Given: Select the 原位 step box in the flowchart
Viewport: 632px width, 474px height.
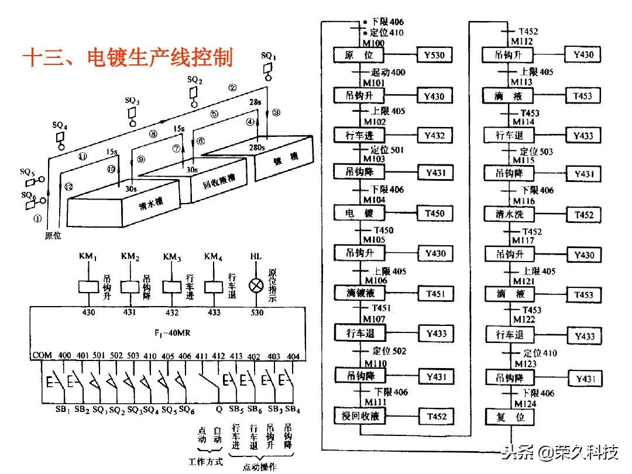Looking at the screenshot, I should click(358, 56).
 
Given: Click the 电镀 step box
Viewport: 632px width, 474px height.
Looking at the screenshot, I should click(358, 214).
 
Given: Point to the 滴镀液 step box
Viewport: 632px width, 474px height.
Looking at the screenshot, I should click(358, 293).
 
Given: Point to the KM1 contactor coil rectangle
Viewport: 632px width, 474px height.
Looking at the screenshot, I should click(88, 287).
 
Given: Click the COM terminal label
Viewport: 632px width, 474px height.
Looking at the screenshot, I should click(42, 356).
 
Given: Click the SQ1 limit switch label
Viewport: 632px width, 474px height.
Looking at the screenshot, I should click(269, 56).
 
